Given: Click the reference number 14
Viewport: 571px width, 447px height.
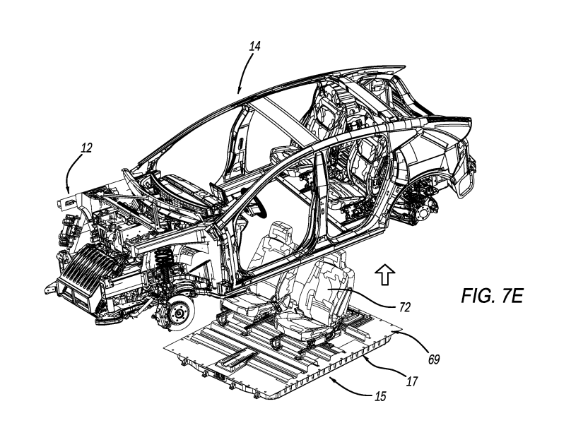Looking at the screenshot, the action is click(x=255, y=46).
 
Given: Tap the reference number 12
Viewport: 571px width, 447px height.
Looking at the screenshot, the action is click(x=86, y=148).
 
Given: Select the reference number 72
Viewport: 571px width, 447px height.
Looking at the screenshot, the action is click(x=405, y=308).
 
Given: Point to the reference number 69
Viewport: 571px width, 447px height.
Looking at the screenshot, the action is click(x=434, y=359).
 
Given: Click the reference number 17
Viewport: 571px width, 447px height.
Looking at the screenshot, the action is click(x=412, y=381).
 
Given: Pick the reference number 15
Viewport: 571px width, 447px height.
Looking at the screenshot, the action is click(x=380, y=396).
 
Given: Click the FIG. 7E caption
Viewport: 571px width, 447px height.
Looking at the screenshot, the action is click(x=492, y=296).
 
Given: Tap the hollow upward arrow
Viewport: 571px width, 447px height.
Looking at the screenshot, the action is click(x=385, y=275).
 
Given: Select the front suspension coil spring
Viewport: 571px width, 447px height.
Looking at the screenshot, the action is click(x=163, y=266).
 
